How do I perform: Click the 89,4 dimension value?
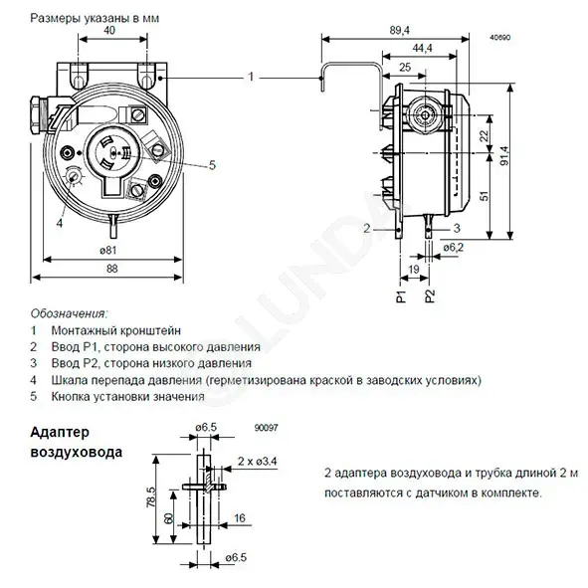point(399,31)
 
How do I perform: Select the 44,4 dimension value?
point(422,49)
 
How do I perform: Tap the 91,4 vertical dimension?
point(504,155)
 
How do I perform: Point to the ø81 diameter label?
point(108,250)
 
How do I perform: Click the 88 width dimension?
point(112,269)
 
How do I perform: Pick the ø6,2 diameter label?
point(454,248)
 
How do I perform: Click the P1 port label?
point(402,296)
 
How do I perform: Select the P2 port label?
point(430,296)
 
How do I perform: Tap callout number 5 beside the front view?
point(212,165)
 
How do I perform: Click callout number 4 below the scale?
point(60,223)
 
